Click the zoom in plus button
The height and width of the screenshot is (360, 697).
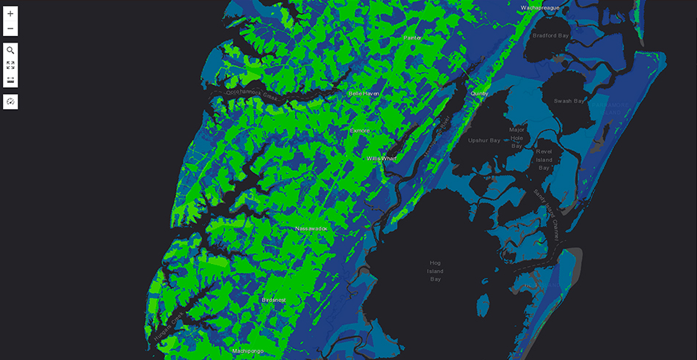click(x=10, y=14)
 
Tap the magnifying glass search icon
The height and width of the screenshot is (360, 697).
click(x=10, y=51)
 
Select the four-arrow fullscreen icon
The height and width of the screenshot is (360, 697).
click(x=10, y=65)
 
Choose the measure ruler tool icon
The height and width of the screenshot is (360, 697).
click(x=10, y=80)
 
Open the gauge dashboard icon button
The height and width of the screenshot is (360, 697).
click(x=10, y=102)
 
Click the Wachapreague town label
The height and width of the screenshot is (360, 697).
click(x=540, y=7)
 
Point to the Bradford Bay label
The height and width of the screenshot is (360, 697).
click(x=551, y=35)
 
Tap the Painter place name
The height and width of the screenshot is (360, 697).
click(x=412, y=37)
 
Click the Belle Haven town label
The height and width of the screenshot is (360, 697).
click(x=364, y=94)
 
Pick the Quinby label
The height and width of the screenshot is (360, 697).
click(x=479, y=94)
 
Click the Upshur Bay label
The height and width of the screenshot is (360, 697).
click(x=485, y=140)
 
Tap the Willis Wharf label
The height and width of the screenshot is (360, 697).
click(x=382, y=158)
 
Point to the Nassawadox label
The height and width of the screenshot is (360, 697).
click(x=311, y=229)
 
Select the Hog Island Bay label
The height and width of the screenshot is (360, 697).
click(x=436, y=271)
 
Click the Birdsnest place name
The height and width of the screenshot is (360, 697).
click(x=274, y=300)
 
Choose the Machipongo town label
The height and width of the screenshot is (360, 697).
click(x=247, y=351)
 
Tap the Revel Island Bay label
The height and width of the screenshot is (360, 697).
click(x=544, y=159)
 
